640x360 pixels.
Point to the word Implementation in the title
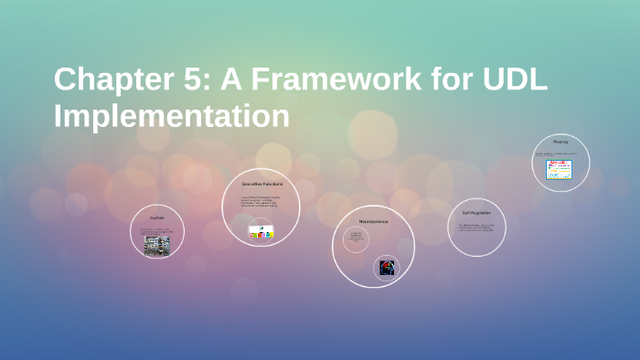pyautogui.click(x=172, y=116)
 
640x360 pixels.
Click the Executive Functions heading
pyautogui.click(x=262, y=184)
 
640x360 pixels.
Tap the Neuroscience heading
pyautogui.click(x=373, y=221)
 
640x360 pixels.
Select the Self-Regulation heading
pyautogui.click(x=476, y=212)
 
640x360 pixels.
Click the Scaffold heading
pyautogui.click(x=157, y=218)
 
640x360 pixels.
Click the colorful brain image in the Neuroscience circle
pyautogui.click(x=388, y=267)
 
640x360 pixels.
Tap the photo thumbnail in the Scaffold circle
pyautogui.click(x=156, y=245)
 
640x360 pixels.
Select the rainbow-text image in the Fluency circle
pyautogui.click(x=559, y=169)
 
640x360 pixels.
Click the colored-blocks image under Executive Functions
pyautogui.click(x=262, y=232)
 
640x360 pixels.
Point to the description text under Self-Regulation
pyautogui.click(x=476, y=227)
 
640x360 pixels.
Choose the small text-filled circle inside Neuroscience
pyautogui.click(x=356, y=239)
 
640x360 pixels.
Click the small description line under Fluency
pyautogui.click(x=560, y=154)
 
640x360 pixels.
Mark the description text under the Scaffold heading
pyautogui.click(x=156, y=230)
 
